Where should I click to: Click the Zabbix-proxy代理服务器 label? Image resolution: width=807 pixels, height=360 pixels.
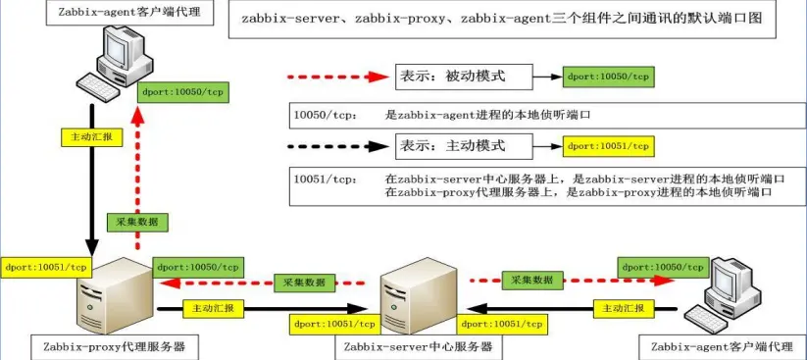(x=115, y=346)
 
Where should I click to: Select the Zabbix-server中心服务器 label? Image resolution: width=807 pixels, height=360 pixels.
(x=418, y=346)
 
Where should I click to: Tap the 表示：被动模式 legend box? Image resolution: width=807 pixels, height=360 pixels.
(x=463, y=77)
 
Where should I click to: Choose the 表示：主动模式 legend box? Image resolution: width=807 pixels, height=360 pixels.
(x=463, y=146)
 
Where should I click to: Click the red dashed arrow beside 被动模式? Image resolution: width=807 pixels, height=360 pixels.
(x=337, y=77)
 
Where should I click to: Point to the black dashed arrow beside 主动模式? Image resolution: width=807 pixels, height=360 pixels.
(x=337, y=147)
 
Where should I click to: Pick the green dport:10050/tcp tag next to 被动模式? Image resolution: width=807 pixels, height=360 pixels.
(x=608, y=77)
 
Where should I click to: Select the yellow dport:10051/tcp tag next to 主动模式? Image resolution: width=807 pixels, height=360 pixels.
(x=608, y=146)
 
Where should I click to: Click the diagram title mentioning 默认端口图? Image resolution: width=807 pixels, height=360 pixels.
(x=502, y=19)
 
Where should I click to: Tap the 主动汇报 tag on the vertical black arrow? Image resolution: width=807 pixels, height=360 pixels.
(x=91, y=137)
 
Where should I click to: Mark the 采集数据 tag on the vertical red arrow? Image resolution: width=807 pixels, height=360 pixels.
(x=137, y=222)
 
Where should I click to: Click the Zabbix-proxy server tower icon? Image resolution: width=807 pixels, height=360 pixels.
(x=113, y=295)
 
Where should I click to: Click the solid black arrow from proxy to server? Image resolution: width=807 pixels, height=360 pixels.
(x=262, y=309)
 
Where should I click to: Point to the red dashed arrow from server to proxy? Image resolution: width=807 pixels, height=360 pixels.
(x=263, y=283)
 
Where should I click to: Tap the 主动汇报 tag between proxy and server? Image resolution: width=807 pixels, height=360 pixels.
(x=213, y=309)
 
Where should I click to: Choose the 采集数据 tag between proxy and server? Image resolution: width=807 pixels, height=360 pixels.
(x=305, y=283)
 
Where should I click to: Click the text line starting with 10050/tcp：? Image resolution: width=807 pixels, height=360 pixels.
(x=441, y=116)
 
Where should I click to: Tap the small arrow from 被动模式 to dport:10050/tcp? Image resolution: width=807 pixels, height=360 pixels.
(x=546, y=77)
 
